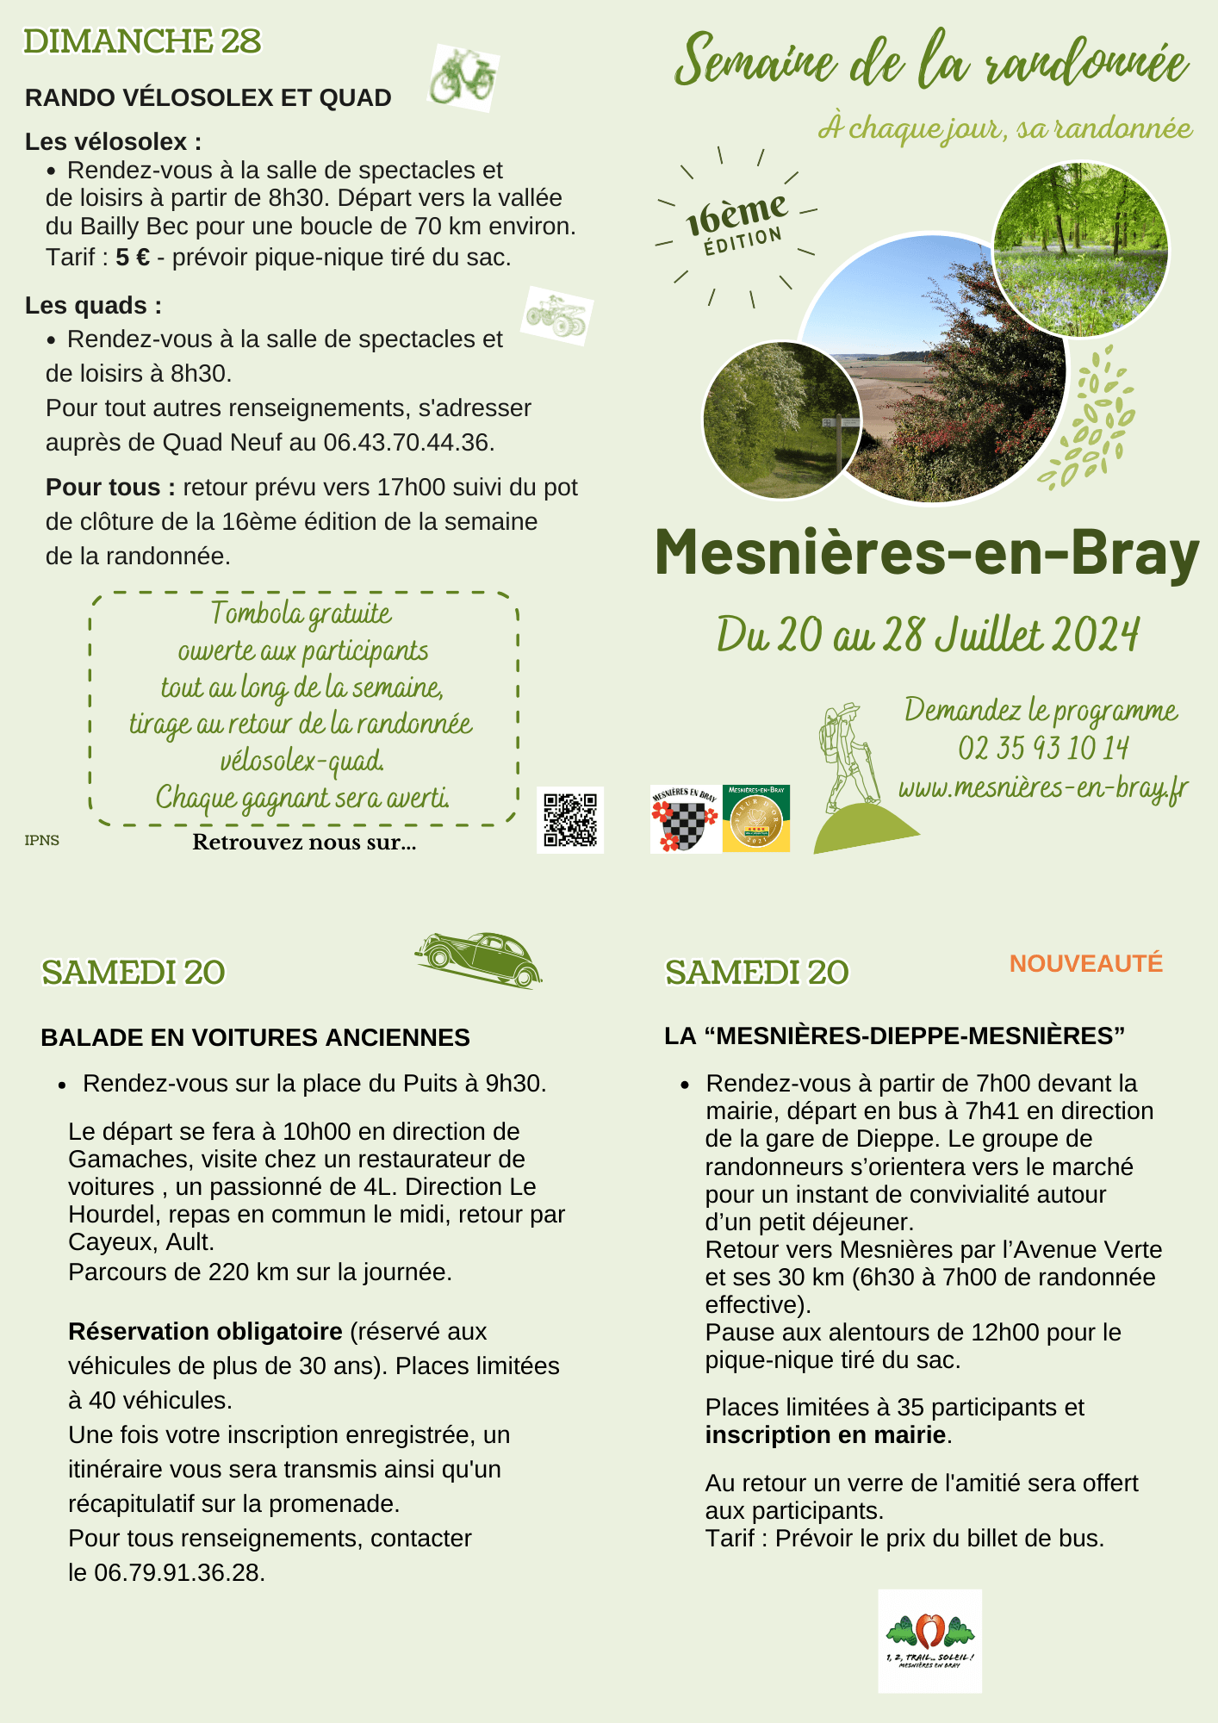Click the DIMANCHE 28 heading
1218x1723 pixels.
142,41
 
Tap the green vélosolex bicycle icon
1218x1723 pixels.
463,78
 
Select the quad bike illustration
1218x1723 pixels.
557,315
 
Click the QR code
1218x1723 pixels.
570,819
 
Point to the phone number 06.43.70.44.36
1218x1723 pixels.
408,443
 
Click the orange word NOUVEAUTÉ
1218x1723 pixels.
1085,963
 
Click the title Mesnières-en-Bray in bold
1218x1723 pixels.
927,552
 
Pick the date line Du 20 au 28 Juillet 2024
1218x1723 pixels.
928,636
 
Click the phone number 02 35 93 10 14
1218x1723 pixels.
1043,748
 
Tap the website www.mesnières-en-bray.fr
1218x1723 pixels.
1043,787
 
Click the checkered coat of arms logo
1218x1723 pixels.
685,819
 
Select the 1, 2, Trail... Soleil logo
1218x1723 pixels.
929,1641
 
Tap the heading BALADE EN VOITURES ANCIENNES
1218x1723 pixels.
255,1037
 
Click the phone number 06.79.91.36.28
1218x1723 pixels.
178,1572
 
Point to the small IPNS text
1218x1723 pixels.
42,840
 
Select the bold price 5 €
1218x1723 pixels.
133,257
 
